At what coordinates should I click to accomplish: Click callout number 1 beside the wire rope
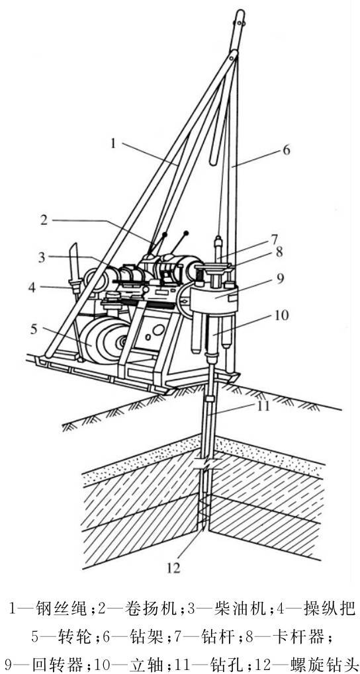(113, 143)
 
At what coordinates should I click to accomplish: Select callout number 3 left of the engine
(42, 257)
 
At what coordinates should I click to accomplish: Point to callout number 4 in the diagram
(32, 286)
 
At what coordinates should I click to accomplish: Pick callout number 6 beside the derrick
(287, 150)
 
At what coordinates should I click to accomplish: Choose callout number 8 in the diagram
(279, 252)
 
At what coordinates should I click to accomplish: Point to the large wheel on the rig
(105, 339)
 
